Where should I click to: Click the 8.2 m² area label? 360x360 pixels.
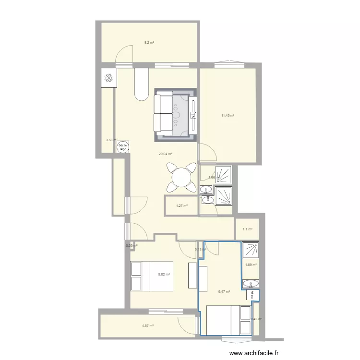click(149, 43)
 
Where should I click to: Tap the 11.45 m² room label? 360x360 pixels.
click(228, 116)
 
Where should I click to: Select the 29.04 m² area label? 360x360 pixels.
click(166, 154)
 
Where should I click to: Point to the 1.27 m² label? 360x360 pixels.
click(181, 206)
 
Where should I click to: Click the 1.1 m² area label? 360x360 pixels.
click(247, 229)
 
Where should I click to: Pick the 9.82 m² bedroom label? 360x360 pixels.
click(165, 275)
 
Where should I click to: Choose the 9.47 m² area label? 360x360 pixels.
click(224, 291)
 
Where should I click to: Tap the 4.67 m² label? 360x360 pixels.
click(147, 326)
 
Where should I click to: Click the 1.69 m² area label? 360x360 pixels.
click(251, 265)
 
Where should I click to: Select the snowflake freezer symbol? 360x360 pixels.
click(108, 78)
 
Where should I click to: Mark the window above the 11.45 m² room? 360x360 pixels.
click(229, 62)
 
